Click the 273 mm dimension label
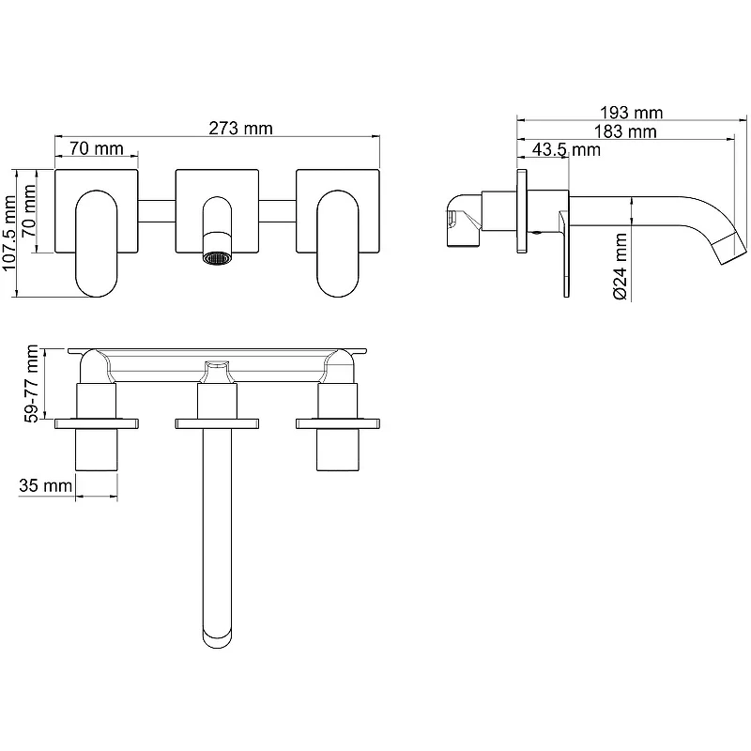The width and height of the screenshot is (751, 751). coord(240,129)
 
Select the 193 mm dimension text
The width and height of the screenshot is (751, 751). coord(631,113)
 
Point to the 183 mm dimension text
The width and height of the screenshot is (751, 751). coord(625,131)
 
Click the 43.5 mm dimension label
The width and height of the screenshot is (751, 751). coord(566,149)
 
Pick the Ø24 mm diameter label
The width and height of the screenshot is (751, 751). coord(620,267)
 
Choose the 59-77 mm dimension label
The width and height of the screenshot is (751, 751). coord(32,384)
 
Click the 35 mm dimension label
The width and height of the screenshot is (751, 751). coord(45,485)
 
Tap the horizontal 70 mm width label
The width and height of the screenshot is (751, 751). coord(97,148)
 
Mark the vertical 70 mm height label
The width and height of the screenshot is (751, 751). coord(29,210)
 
